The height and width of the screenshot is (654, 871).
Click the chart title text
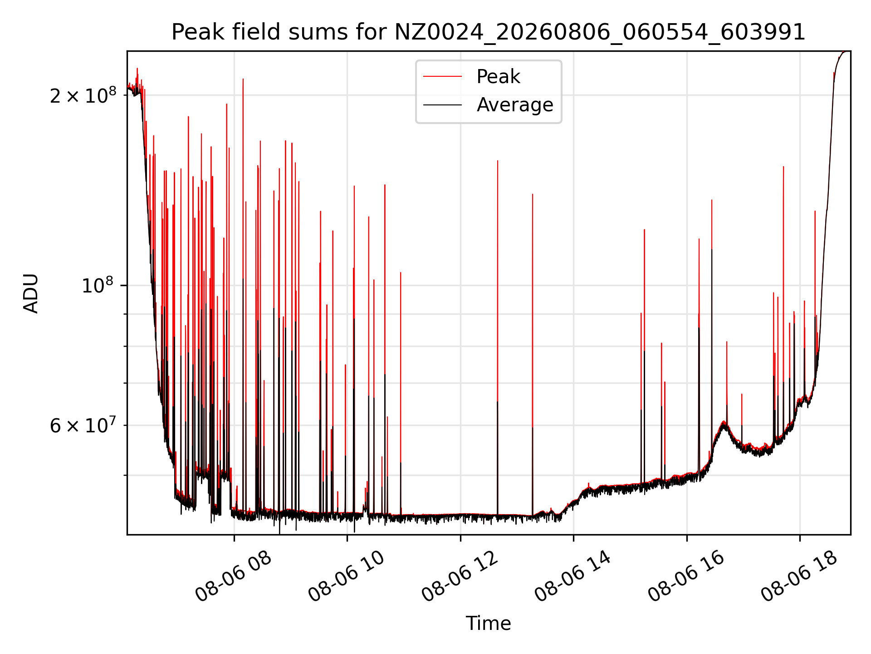(489, 32)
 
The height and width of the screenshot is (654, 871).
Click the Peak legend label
(498, 77)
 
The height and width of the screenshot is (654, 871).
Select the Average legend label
(515, 105)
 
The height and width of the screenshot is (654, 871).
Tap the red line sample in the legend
(443, 77)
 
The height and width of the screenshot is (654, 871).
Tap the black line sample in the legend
(443, 105)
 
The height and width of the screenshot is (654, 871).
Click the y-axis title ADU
(31, 293)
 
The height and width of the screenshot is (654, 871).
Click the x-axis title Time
(489, 624)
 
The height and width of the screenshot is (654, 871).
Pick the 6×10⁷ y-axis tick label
(83, 425)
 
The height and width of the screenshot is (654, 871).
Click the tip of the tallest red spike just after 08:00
(243, 79)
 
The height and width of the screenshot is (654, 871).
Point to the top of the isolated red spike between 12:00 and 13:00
(498, 160)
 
